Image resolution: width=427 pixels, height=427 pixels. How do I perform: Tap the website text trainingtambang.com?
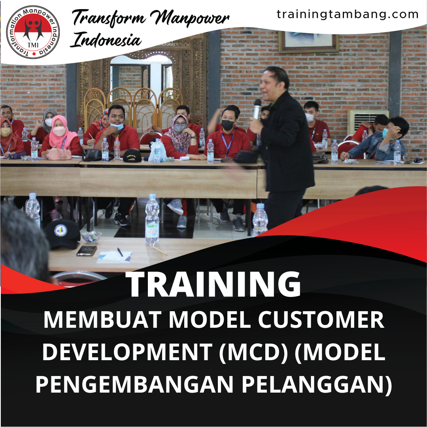348,15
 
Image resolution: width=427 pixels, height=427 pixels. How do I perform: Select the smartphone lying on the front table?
87,251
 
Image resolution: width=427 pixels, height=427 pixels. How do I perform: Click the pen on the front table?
120,252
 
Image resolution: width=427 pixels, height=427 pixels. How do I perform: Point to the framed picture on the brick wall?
308,41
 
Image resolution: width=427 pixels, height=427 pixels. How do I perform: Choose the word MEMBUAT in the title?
102,320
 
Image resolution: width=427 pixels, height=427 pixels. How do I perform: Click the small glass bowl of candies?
91,236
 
